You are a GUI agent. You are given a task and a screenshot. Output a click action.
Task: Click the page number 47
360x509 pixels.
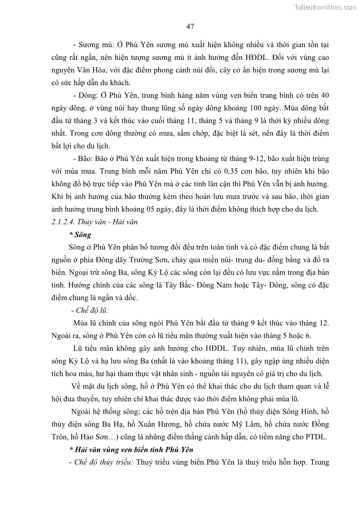[190, 27]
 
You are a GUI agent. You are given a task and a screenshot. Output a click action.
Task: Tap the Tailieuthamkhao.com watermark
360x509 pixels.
[325, 7]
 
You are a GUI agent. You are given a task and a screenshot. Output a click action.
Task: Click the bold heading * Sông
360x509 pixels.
[80, 235]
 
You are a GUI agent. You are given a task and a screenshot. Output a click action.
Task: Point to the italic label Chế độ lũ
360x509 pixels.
[90, 310]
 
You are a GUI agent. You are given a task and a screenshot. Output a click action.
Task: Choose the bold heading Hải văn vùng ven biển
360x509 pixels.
[131, 450]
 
